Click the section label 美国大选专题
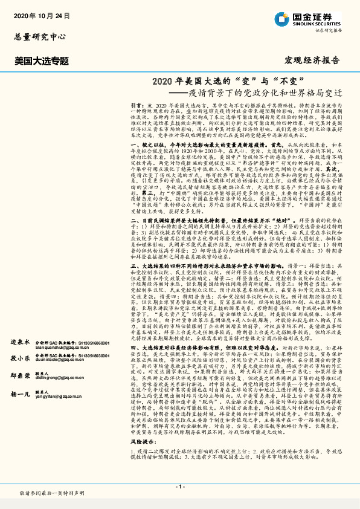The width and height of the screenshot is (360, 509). (x=42, y=61)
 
